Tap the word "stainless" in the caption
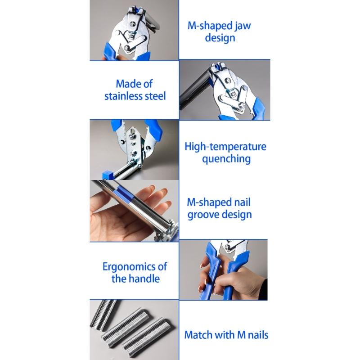coord(126,96)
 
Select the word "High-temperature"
coord(225,147)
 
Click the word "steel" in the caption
coord(155,96)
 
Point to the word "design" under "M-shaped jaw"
coord(220,37)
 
